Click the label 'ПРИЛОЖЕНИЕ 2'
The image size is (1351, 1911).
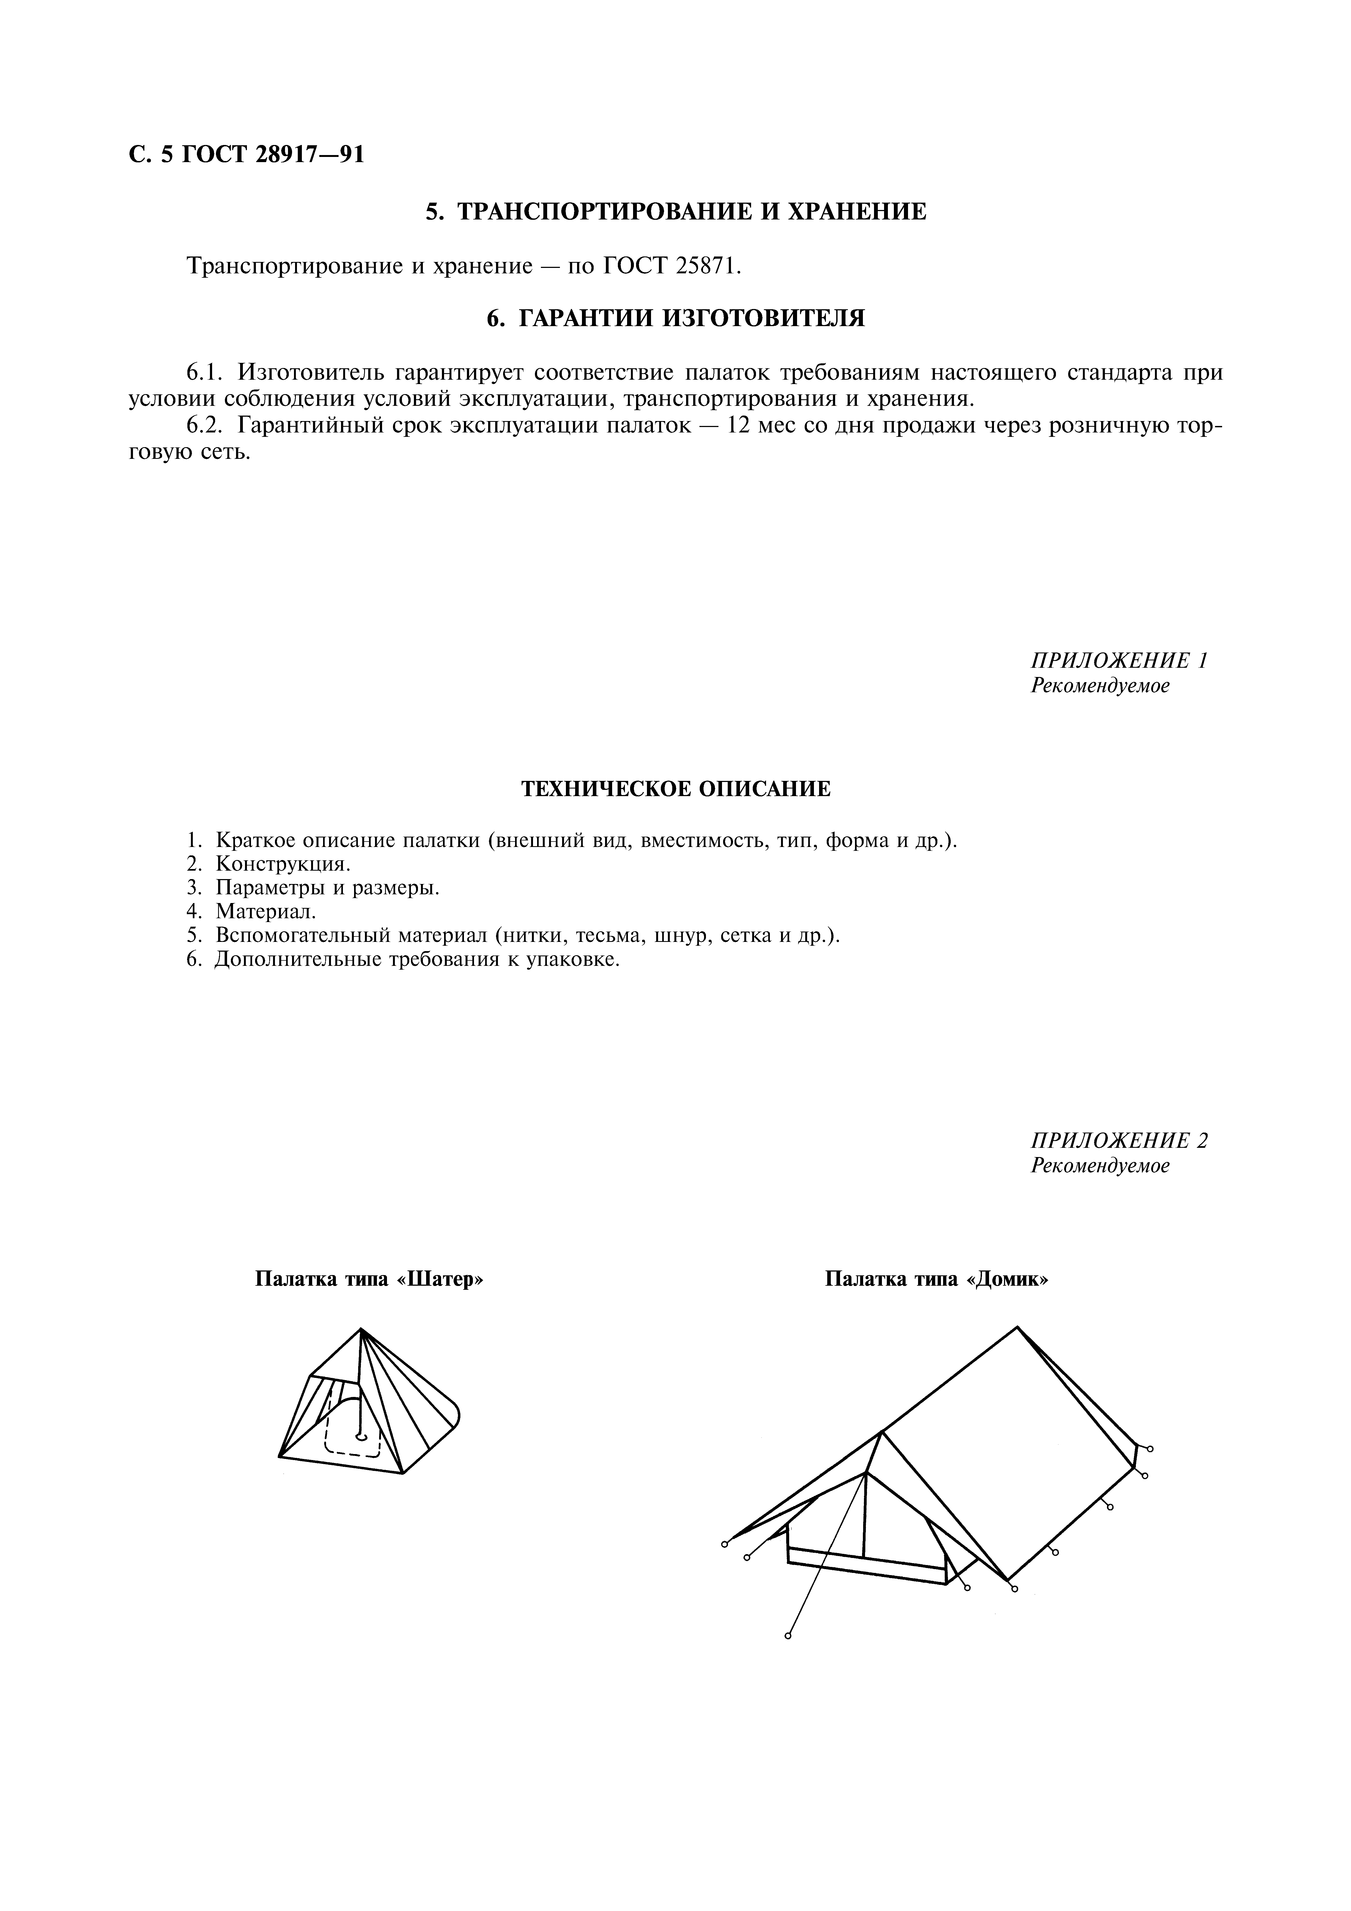pos(1119,1140)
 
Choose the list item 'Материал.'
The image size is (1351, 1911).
pos(267,911)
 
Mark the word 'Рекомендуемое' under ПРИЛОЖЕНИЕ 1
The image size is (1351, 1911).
pos(1100,686)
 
